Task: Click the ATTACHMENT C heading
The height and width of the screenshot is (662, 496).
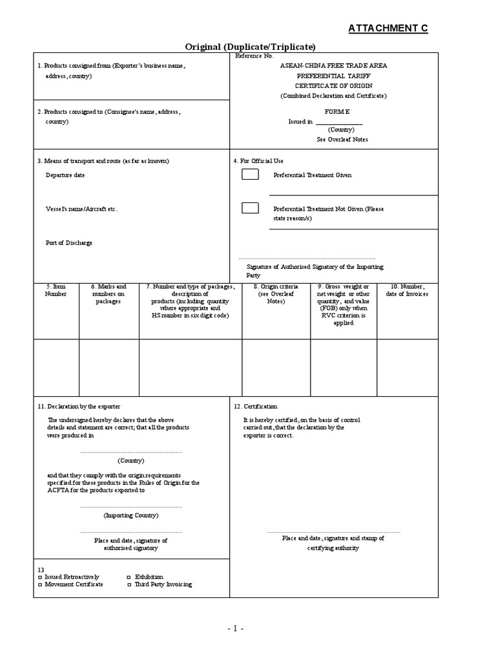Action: click(x=387, y=28)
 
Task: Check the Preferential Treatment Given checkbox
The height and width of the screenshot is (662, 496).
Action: click(x=250, y=174)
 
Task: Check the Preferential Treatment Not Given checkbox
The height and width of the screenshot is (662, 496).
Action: click(x=250, y=208)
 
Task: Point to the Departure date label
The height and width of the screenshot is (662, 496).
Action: click(x=65, y=175)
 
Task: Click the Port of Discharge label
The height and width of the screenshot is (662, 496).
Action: click(x=68, y=243)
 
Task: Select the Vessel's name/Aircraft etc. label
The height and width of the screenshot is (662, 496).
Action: click(x=81, y=209)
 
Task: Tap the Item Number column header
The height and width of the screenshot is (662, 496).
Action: click(x=56, y=290)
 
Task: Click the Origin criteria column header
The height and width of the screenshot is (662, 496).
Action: click(x=276, y=294)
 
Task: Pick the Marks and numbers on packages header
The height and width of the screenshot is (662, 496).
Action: click(x=108, y=294)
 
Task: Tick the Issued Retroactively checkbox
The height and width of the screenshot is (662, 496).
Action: click(x=40, y=577)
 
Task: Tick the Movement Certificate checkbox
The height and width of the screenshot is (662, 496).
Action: click(x=40, y=584)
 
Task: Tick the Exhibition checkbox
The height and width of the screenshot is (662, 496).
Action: click(x=129, y=577)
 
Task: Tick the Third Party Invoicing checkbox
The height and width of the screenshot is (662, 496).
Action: click(x=129, y=584)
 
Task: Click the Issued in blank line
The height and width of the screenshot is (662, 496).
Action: click(x=338, y=122)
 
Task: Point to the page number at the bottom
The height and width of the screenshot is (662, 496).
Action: click(x=235, y=628)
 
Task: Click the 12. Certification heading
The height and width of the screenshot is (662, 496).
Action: click(x=256, y=407)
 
